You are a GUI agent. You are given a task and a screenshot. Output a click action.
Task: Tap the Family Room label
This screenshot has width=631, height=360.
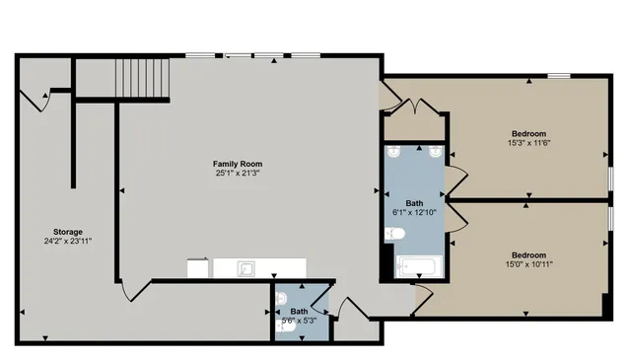[239, 164]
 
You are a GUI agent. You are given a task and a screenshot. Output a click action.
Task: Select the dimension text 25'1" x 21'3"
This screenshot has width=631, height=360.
[239, 174]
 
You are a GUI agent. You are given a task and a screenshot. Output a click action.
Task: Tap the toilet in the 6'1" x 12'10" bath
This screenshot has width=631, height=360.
[394, 234]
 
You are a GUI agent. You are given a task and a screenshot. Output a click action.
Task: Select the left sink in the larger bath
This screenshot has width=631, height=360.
[394, 152]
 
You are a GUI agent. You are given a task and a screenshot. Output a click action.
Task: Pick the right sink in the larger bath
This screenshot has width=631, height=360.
[434, 152]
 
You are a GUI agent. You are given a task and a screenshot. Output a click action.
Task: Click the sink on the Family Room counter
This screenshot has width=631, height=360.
[246, 267]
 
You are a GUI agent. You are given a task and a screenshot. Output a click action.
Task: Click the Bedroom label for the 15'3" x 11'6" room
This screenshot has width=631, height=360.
[527, 134]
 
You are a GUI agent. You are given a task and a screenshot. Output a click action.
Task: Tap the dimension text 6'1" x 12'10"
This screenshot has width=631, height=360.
[414, 211]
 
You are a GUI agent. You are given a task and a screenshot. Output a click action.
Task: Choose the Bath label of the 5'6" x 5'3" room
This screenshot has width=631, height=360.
[299, 311]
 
